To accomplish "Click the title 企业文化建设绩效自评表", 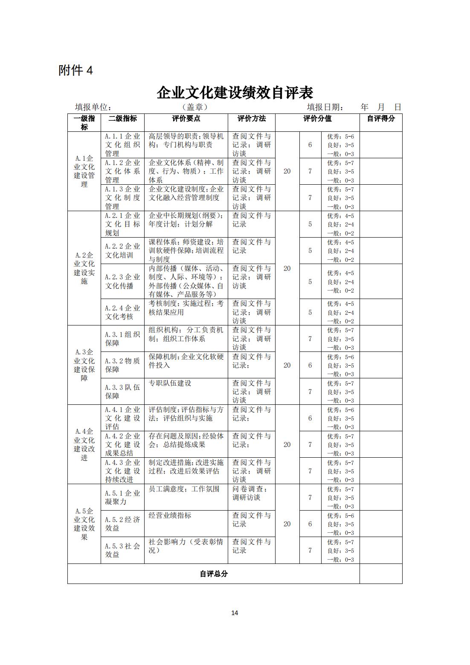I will pyautogui.click(x=235, y=93).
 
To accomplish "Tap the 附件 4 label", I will pyautogui.click(x=75, y=70).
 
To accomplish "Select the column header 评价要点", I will pyautogui.click(x=186, y=119).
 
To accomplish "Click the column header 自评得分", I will pyautogui.click(x=380, y=119).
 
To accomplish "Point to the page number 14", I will pyautogui.click(x=235, y=613).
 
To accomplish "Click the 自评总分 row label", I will pyautogui.click(x=213, y=574).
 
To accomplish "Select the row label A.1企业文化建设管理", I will pyautogui.click(x=84, y=171).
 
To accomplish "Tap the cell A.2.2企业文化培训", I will pyautogui.click(x=122, y=251).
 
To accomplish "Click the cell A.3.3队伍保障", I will pyautogui.click(x=122, y=392).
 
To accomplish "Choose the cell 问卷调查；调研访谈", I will pyautogui.click(x=251, y=493).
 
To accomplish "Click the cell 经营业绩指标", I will pyautogui.click(x=170, y=515).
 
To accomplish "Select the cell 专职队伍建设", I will pyautogui.click(x=170, y=383).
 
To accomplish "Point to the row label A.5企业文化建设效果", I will pyautogui.click(x=84, y=524).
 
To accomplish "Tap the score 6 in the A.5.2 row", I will pyautogui.click(x=310, y=524).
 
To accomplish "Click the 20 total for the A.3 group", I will pyautogui.click(x=287, y=365).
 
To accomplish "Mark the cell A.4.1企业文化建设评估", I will pyautogui.click(x=122, y=418).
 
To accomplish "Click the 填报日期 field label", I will pyautogui.click(x=325, y=107).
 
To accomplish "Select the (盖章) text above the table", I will pyautogui.click(x=194, y=107).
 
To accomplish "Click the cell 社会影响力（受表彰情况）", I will pyautogui.click(x=186, y=546).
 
